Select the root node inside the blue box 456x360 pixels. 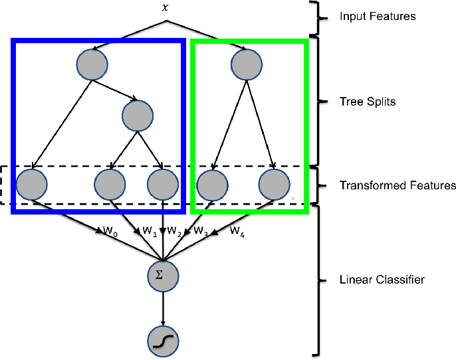[x=92, y=64]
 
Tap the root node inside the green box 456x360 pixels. [x=247, y=64]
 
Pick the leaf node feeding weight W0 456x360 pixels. [x=31, y=185]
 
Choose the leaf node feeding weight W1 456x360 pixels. [x=110, y=185]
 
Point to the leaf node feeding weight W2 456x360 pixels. [x=164, y=185]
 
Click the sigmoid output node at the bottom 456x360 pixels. [x=164, y=341]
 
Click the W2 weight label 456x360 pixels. [x=174, y=231]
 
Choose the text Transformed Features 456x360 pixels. [x=398, y=185]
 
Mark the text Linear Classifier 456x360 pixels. [x=382, y=280]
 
